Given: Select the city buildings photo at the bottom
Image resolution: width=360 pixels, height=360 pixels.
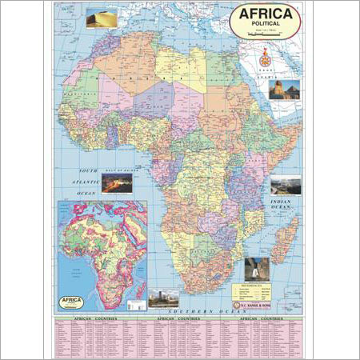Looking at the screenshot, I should click(164, 298).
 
